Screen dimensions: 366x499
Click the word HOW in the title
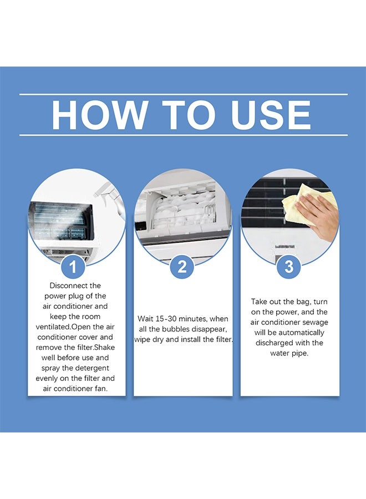[x=99, y=115]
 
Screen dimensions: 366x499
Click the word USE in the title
[x=271, y=115]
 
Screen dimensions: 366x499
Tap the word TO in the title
[x=188, y=115]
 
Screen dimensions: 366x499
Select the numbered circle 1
[x=73, y=267]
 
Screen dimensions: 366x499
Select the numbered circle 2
[x=182, y=267]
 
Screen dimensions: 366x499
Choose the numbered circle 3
[x=289, y=267]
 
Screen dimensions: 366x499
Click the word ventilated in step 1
[x=53, y=327]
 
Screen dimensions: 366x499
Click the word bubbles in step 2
[x=177, y=329]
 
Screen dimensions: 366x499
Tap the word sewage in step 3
[x=315, y=322]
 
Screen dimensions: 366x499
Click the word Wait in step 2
[x=145, y=319]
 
